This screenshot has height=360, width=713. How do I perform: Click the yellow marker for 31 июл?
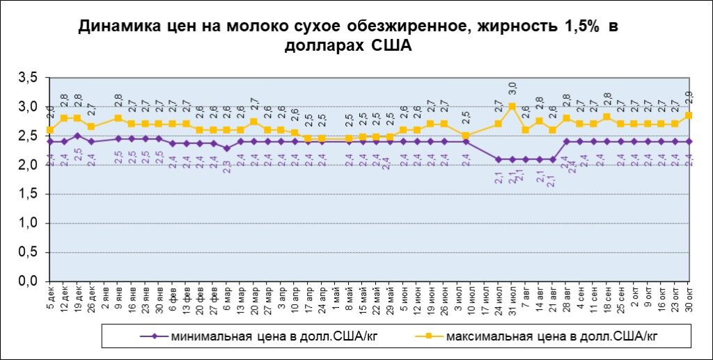coord(512,107)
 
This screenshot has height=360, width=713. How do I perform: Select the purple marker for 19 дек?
coord(77,136)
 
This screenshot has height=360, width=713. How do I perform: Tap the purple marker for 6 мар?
coord(227,148)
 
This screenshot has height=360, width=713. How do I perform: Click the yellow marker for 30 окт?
coord(689,116)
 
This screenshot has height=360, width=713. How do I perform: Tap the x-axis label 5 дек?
coord(50,299)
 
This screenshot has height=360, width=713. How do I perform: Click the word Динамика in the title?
coord(114,27)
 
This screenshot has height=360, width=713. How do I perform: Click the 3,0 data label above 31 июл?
coord(512,88)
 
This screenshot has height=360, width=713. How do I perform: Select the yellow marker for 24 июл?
coord(499,124)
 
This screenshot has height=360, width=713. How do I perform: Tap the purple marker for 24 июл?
coord(499,159)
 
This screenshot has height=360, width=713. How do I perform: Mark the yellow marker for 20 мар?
coord(254,121)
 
